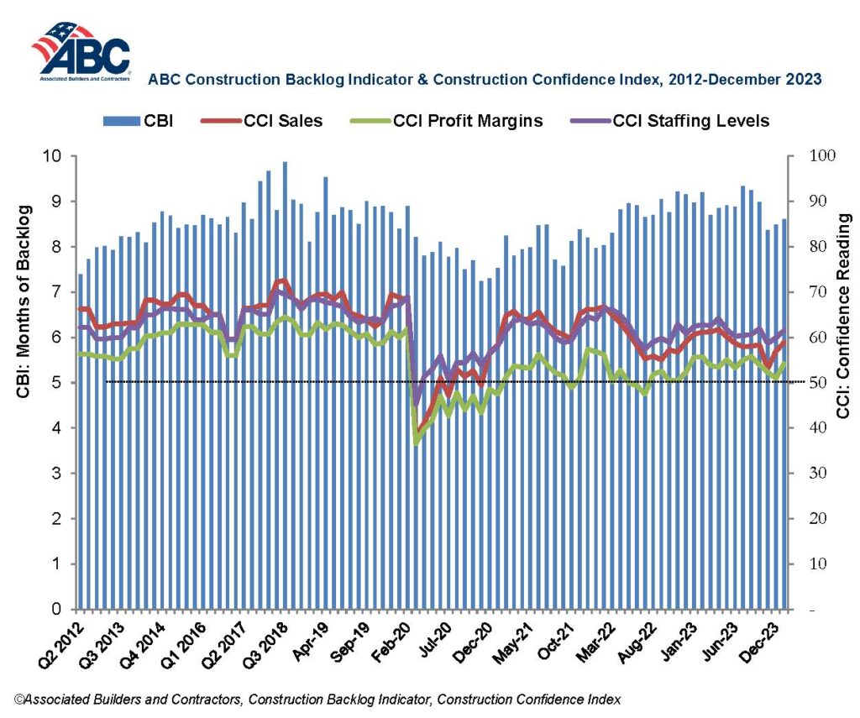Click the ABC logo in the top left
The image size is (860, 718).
[81, 52]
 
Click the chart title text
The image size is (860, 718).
[485, 80]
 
